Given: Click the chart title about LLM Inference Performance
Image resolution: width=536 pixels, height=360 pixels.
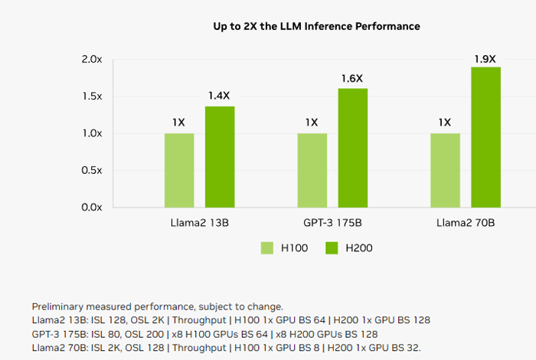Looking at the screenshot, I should [x=316, y=27].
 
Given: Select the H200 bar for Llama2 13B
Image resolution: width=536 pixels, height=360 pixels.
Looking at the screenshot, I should [x=220, y=157].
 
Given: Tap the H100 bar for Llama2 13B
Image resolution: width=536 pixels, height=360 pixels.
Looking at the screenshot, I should [x=179, y=170].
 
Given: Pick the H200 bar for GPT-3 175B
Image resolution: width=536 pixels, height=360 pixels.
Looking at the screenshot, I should [x=353, y=148].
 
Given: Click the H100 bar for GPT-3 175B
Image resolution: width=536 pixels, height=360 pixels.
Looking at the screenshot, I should [x=312, y=170].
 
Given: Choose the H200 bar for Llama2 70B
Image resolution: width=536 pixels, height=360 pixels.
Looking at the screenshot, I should [x=485, y=137].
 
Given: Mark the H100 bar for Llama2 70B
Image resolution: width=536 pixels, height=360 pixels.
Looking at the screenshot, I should [x=445, y=170].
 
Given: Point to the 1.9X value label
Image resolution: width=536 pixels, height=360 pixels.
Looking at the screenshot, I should [x=485, y=57].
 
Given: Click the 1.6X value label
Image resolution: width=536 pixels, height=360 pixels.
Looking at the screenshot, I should [x=353, y=79].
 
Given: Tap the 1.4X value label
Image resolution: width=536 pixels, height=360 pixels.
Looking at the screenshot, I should [x=220, y=97].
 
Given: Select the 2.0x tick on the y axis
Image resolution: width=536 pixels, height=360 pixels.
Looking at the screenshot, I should [x=92, y=60].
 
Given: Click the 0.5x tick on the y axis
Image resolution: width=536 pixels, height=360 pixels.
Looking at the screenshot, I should [x=92, y=170].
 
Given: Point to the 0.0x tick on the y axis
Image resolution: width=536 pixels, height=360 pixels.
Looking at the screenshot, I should [x=92, y=208].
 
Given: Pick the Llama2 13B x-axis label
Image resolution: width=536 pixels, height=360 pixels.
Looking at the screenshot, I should [x=199, y=224].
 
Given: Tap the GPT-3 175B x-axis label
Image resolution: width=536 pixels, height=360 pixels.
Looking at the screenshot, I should [x=332, y=224].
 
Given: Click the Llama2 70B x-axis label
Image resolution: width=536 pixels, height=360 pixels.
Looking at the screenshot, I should [x=465, y=224].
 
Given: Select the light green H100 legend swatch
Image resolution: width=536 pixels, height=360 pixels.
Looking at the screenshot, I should [x=267, y=248].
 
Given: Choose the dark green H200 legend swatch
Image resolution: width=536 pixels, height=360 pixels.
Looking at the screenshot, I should [x=332, y=248].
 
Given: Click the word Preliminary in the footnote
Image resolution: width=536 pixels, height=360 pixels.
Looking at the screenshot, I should [x=58, y=306].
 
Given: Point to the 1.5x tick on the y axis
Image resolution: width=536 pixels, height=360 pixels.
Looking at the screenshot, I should [x=92, y=97].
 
